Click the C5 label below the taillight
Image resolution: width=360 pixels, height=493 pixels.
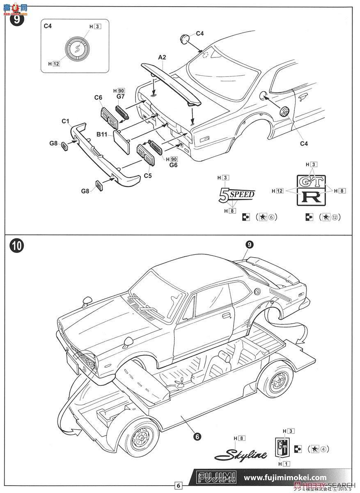click(148, 175)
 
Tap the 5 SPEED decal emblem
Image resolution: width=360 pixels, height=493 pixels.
click(236, 195)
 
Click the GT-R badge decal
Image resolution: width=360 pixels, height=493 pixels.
click(311, 189)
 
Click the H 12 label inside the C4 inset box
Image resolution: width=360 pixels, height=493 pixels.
click(54, 64)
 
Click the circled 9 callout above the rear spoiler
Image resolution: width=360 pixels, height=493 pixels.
click(249, 244)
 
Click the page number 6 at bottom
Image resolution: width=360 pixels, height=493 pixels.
click(178, 486)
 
